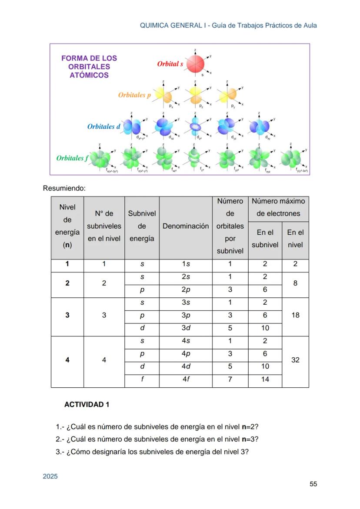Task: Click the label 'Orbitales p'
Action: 134,95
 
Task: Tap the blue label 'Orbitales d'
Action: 103,127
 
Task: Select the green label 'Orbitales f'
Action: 72,158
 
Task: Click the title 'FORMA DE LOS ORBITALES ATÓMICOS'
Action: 89,67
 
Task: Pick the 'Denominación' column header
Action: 186,226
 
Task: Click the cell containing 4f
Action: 186,379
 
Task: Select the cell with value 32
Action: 295,360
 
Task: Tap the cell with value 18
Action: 295,315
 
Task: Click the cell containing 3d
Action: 186,328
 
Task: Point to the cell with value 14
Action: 265,379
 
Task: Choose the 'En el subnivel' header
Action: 265,239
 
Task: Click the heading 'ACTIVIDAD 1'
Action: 87,405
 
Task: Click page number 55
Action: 313,484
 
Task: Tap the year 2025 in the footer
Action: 50,476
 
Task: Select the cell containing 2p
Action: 186,289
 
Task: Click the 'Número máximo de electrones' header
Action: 278,207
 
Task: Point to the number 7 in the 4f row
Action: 230,379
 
